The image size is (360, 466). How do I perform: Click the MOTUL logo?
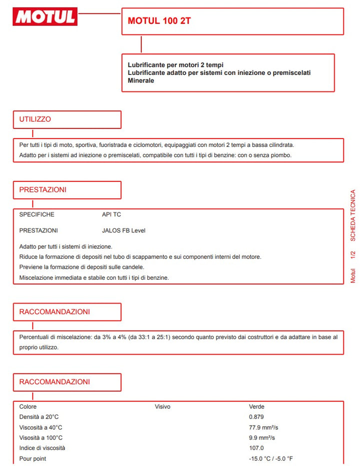[x=45, y=17]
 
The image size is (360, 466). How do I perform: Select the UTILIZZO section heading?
[x=35, y=119]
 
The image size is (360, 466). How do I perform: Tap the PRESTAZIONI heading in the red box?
[x=42, y=190]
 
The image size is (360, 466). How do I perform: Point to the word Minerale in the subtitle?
[x=141, y=80]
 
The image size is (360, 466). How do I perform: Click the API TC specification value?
[x=111, y=214]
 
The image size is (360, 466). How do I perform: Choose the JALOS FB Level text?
[x=123, y=230]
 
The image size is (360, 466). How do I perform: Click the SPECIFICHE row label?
[x=36, y=214]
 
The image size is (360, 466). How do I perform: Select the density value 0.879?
[x=256, y=417]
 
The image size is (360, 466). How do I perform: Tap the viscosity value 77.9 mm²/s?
[x=263, y=428]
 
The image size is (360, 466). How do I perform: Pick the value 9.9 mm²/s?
[x=262, y=438]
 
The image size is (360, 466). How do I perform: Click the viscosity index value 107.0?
[x=256, y=448]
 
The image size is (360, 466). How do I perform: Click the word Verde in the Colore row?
[x=256, y=407]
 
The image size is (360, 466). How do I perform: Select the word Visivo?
[x=162, y=407]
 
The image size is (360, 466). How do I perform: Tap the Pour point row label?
[x=32, y=459]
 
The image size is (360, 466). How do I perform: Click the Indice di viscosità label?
[x=42, y=448]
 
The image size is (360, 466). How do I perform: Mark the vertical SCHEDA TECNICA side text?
[x=353, y=215]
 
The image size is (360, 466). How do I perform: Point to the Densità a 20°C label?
[x=39, y=417]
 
